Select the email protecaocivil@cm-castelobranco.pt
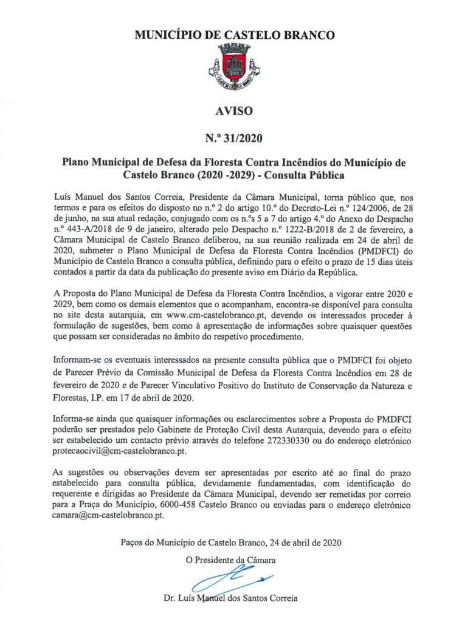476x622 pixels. (120, 451)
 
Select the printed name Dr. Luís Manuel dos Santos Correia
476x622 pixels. (231, 598)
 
